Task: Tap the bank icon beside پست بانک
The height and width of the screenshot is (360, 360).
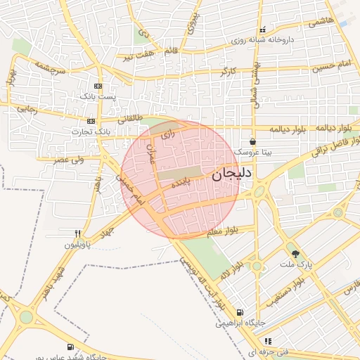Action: [98, 86]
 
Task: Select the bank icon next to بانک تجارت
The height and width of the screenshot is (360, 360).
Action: [91, 121]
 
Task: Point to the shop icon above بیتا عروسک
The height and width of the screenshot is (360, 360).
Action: [252, 141]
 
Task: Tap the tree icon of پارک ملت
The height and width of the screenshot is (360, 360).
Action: [295, 254]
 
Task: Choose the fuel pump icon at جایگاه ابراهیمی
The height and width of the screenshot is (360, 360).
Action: [240, 313]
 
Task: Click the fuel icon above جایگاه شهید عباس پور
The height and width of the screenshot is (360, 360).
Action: [70, 347]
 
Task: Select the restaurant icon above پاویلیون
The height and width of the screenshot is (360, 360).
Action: [77, 233]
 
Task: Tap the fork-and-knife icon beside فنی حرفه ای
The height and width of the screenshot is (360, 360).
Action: [267, 341]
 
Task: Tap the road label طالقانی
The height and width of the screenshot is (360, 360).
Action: [129, 119]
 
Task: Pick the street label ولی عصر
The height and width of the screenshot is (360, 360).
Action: [70, 160]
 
